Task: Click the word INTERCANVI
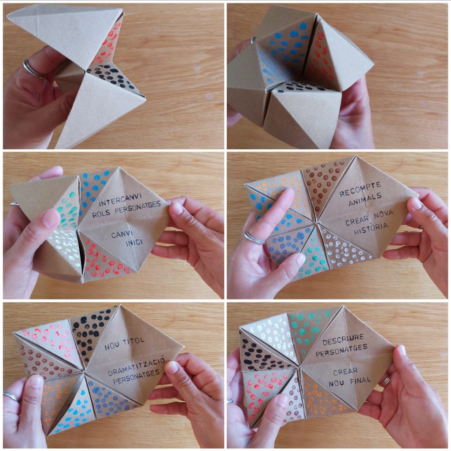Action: click(x=120, y=200)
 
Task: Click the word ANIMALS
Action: click(x=365, y=200)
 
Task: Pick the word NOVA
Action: click(x=384, y=215)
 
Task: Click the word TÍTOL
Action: click(x=133, y=341)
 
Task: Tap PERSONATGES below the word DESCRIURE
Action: click(x=341, y=350)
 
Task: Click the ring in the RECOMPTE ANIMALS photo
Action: click(x=254, y=238)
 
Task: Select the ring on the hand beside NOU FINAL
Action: click(x=384, y=380)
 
